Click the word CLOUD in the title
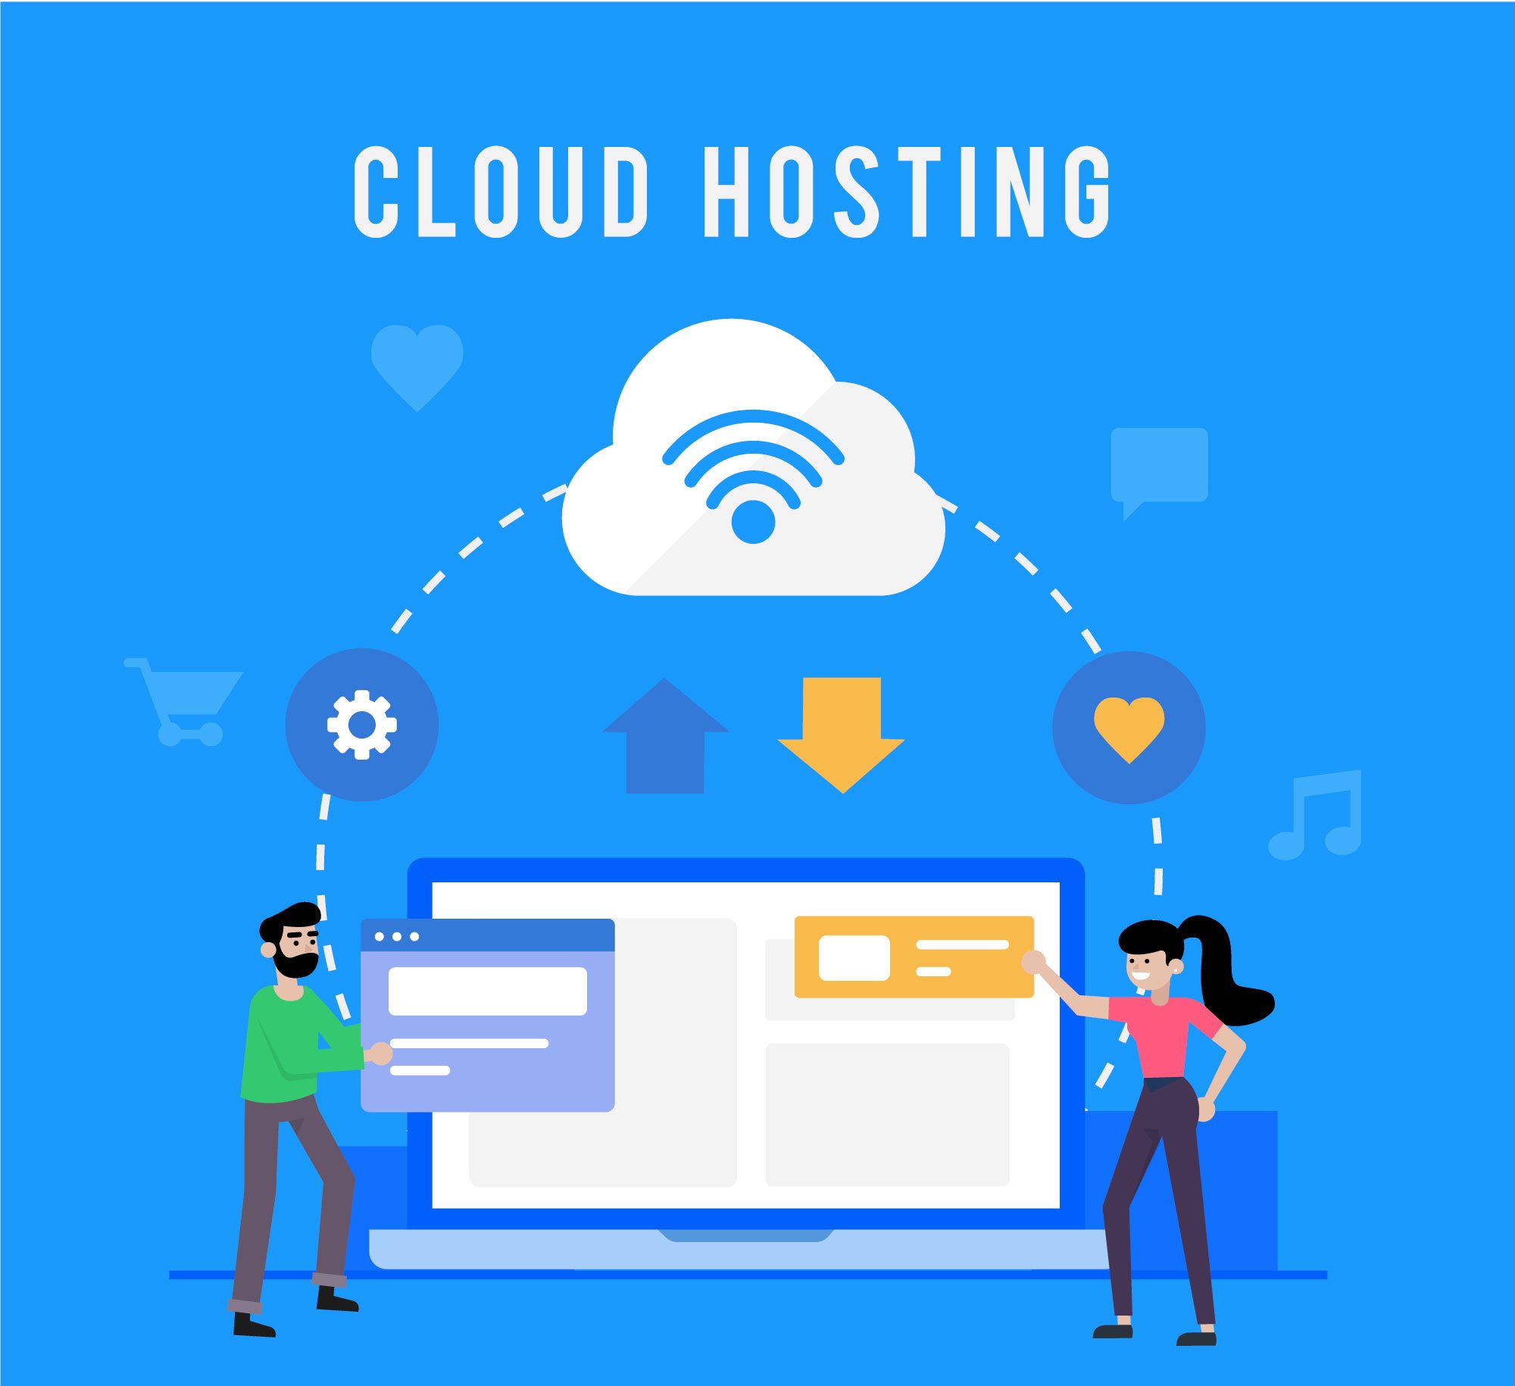point(501,192)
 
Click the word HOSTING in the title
point(907,192)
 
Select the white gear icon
point(362,724)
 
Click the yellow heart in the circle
point(1129,729)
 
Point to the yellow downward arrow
point(842,735)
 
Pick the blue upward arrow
point(665,735)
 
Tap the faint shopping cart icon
point(183,701)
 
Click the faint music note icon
point(1315,815)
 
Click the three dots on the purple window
point(396,937)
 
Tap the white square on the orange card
point(854,958)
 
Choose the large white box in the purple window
point(488,991)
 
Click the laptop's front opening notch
point(746,1235)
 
